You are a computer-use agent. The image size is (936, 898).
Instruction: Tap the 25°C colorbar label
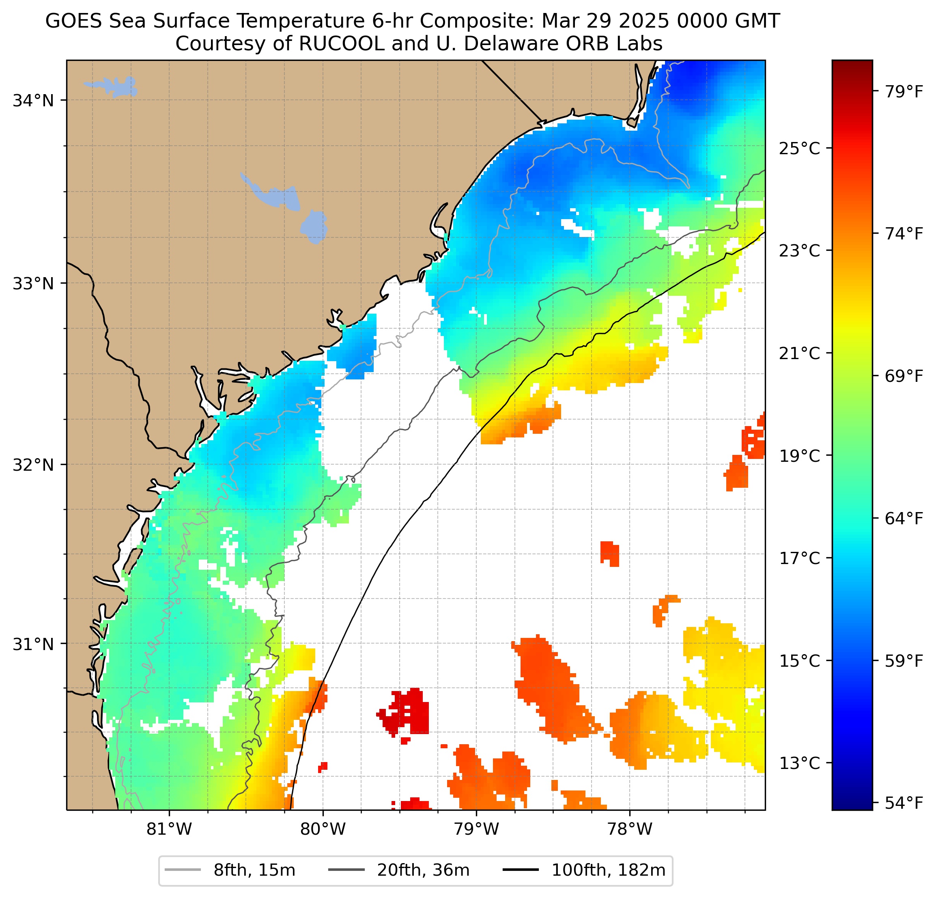[x=799, y=149]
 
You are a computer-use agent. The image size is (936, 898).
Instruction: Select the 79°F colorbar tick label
[x=904, y=91]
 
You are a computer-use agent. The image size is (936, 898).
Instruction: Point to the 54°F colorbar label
[x=904, y=803]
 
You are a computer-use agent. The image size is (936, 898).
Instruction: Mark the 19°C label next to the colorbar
[x=799, y=456]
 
